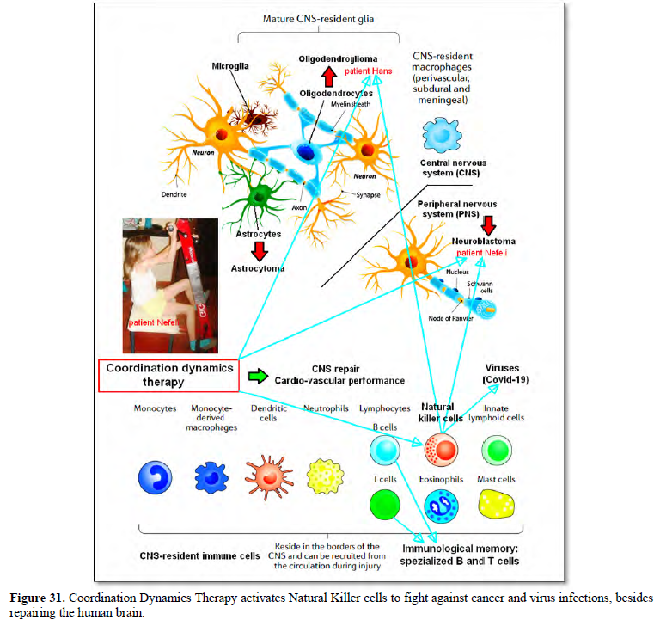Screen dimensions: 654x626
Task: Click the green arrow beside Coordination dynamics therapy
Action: click(x=258, y=376)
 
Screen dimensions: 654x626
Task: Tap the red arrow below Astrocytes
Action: click(x=260, y=251)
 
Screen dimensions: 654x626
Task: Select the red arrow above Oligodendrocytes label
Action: click(x=329, y=77)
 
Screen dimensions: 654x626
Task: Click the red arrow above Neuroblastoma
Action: click(x=488, y=226)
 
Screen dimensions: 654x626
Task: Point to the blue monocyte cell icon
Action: click(x=156, y=477)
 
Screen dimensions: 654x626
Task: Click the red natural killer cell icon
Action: click(x=441, y=450)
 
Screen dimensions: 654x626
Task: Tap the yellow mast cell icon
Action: click(x=497, y=504)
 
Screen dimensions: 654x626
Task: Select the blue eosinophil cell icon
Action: click(x=441, y=506)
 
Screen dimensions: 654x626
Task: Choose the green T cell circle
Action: click(x=385, y=505)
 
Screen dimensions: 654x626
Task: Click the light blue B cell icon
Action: click(x=385, y=450)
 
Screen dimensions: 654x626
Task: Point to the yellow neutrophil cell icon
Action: click(x=326, y=476)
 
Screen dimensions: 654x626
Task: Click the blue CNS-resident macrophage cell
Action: click(x=442, y=135)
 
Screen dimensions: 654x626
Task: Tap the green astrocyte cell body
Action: click(x=260, y=196)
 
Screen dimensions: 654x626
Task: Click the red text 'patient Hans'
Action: click(x=369, y=71)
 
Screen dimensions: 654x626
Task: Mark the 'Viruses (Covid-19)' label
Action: click(x=505, y=374)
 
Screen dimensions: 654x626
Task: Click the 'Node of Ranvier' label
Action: click(x=450, y=318)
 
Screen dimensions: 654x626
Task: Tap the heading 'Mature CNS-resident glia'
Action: click(x=318, y=19)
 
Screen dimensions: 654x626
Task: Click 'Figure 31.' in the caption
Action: click(x=37, y=598)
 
